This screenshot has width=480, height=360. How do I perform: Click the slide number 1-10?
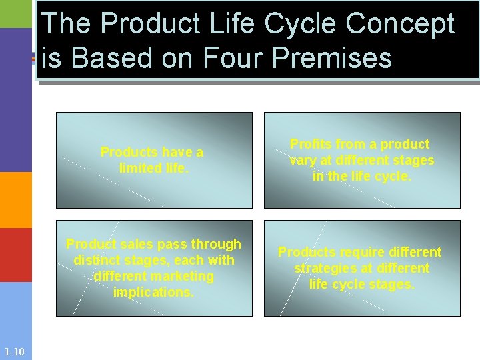tap(14, 351)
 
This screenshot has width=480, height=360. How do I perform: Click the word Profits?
tap(313, 144)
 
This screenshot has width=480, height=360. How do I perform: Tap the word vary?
tap(302, 160)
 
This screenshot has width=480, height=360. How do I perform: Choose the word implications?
tap(153, 292)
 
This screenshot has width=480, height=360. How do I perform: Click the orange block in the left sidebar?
tap(15, 200)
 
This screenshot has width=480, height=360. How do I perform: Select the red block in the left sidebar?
tap(15, 255)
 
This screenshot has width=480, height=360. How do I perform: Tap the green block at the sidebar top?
tap(15, 13)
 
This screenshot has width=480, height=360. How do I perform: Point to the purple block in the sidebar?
tap(15, 100)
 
